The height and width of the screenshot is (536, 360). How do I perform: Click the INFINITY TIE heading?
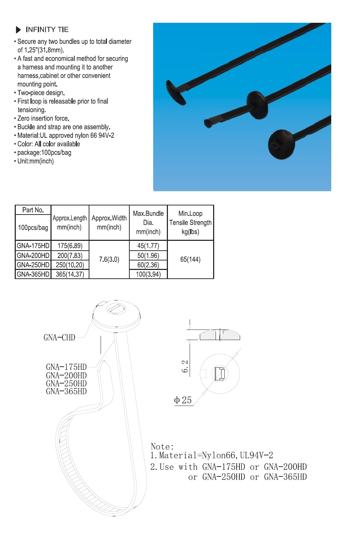(x=47, y=29)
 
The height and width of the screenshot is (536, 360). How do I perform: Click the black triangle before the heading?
(x=19, y=30)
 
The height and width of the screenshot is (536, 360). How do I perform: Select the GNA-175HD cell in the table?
(x=33, y=245)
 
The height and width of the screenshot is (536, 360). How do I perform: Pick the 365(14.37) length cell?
(x=70, y=274)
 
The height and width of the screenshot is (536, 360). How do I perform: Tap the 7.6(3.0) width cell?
(x=109, y=259)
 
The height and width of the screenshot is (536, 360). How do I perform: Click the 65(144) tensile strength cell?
(x=190, y=259)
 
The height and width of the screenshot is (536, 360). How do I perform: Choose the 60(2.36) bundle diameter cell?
(x=148, y=265)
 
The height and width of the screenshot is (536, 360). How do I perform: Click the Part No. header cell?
(x=33, y=210)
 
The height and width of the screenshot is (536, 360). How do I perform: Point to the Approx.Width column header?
(x=109, y=223)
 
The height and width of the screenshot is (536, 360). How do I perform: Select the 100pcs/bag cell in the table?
(x=33, y=228)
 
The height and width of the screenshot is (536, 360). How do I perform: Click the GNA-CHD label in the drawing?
(x=59, y=338)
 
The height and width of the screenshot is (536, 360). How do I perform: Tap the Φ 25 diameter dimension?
(x=183, y=400)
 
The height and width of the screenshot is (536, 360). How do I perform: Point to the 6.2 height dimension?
(x=185, y=366)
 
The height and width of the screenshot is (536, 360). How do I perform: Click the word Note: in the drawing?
(x=162, y=446)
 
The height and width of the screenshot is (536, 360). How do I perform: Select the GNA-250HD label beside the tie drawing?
(x=66, y=383)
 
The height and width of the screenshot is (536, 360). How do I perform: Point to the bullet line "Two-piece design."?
(x=41, y=93)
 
